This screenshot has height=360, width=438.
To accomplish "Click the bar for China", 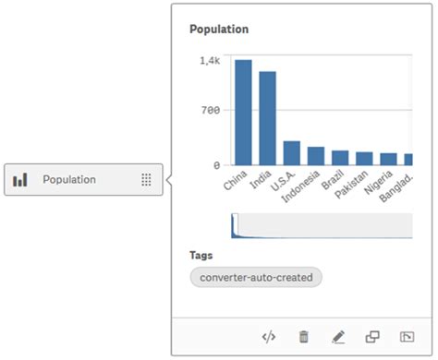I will click(243, 113).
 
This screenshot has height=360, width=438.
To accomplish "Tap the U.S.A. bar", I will click(291, 153).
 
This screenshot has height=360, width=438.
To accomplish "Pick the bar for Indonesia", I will click(316, 156).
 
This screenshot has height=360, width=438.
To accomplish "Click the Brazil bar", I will click(340, 158).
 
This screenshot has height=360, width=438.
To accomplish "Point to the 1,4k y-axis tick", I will click(210, 60).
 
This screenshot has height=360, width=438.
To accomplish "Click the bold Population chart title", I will click(219, 30).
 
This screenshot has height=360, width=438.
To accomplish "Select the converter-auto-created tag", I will click(256, 277).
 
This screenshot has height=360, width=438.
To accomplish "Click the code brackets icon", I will click(270, 337).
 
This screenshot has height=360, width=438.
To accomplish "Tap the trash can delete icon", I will click(303, 337).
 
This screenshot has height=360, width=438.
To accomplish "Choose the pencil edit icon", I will click(337, 337).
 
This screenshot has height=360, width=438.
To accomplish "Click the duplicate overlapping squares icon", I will click(371, 337).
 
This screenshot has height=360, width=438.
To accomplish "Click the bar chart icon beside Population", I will click(20, 180).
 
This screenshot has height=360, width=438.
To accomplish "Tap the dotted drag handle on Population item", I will click(146, 180).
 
